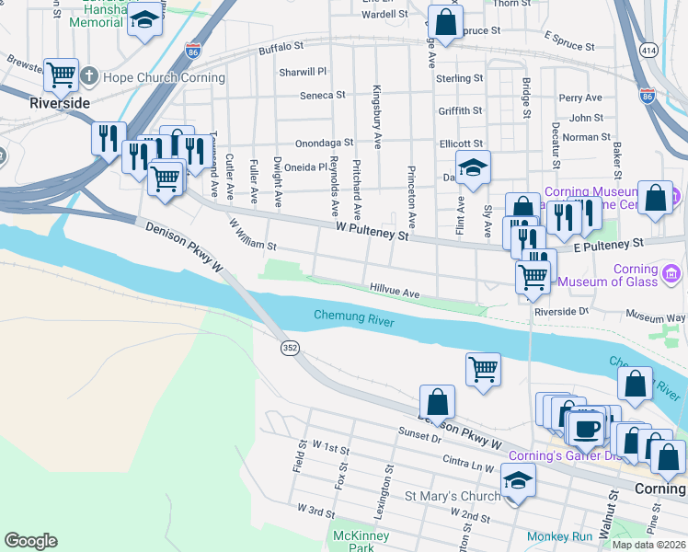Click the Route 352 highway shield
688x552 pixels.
288,347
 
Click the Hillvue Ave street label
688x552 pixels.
395,292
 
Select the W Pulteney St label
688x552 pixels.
372,231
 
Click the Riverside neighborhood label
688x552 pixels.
60,103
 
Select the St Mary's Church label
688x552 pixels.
453,497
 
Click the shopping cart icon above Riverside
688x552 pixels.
62,74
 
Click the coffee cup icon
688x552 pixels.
586,427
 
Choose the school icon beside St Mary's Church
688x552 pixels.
518,480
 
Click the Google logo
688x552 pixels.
31,541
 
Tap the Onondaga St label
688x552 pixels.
324,144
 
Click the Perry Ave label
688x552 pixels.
579,98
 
